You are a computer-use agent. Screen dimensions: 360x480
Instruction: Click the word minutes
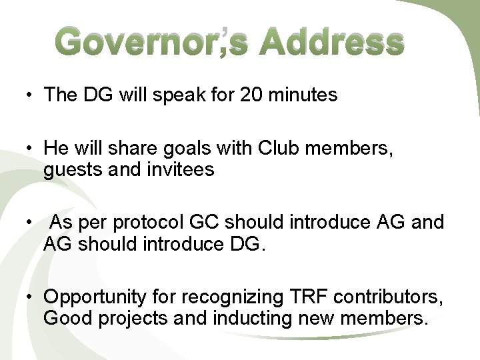305,95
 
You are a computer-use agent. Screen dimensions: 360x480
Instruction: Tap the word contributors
389,295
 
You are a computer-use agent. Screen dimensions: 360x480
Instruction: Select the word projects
133,319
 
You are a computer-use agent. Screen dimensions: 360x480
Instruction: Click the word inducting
253,318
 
